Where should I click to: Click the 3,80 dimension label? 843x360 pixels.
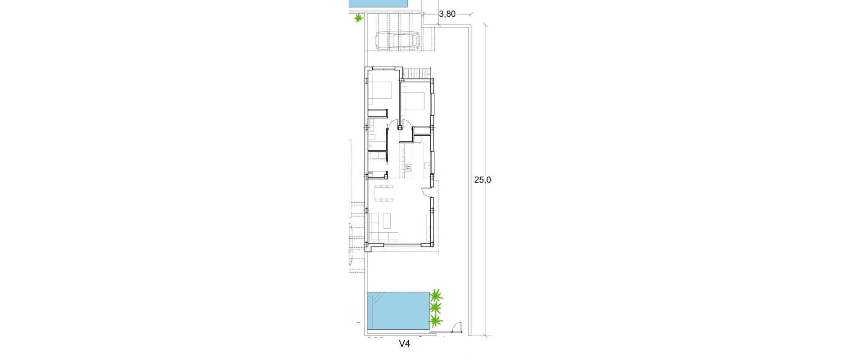pos(447,14)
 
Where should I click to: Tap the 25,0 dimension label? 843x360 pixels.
pos(482,179)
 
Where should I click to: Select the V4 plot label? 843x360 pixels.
pos(404,344)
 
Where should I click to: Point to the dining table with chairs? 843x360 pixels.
pos(385,193)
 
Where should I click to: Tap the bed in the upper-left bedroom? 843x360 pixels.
pos(380,91)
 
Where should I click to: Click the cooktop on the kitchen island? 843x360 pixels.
pos(408,167)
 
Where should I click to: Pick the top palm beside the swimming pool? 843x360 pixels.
pos(436,295)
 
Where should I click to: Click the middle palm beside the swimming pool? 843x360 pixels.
pos(436,307)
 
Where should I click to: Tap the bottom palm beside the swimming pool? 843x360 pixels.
pos(436,321)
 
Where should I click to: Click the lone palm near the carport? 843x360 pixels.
pos(359,18)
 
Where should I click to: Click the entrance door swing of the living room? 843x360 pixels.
pos(426,192)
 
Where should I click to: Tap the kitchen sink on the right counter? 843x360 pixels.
pos(426,166)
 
